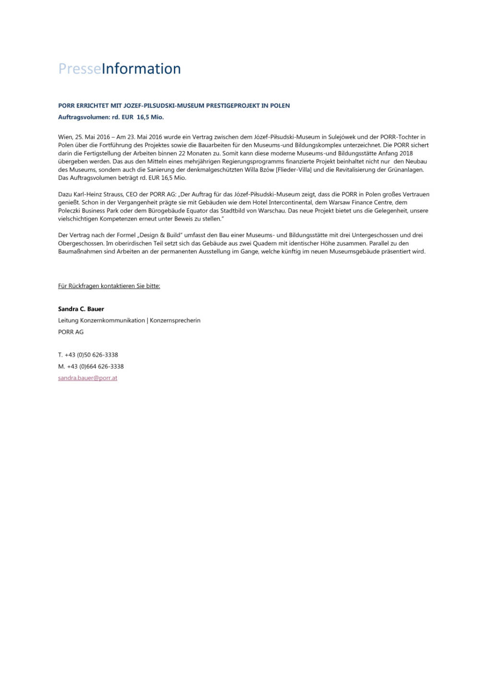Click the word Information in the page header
141,69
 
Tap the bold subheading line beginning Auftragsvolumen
111,117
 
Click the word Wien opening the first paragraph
65,137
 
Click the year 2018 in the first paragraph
406,154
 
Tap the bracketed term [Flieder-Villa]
294,170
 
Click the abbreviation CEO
131,194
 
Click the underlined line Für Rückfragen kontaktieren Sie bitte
109,286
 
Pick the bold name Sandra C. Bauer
81,309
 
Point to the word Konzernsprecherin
175,321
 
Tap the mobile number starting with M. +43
91,367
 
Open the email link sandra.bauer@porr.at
87,378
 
